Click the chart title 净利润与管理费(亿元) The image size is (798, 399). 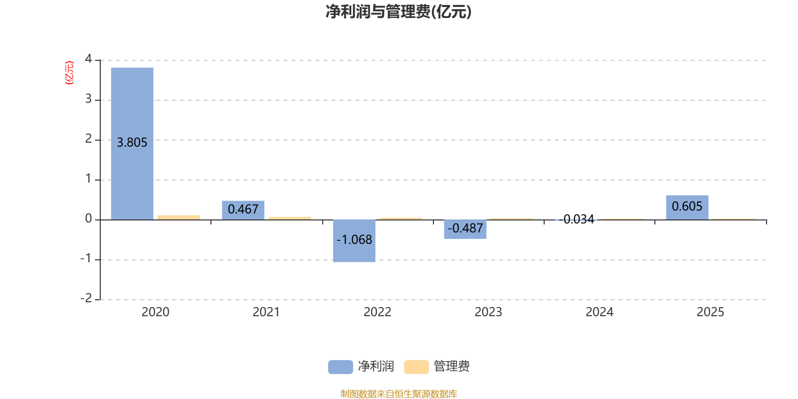click(x=398, y=12)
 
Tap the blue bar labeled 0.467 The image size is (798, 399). click(x=243, y=209)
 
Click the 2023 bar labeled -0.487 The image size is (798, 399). click(x=465, y=229)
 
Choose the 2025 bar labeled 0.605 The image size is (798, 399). click(x=687, y=207)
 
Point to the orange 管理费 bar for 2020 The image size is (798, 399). click(x=179, y=217)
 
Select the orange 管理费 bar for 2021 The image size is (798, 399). click(x=290, y=218)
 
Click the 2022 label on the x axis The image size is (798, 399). click(x=377, y=312)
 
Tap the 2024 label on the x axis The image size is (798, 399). click(x=599, y=312)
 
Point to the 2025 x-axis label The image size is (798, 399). click(x=710, y=312)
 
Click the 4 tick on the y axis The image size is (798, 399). click(x=88, y=59)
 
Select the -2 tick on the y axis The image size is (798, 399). click(x=86, y=298)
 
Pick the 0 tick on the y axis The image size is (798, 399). click(x=88, y=219)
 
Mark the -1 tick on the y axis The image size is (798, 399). click(x=86, y=259)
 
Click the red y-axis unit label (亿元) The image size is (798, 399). click(x=69, y=73)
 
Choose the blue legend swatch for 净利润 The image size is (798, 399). click(x=340, y=367)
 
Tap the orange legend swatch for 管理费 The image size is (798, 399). click(x=416, y=367)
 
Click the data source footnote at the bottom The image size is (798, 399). click(x=399, y=394)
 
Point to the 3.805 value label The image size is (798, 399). click(x=132, y=143)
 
